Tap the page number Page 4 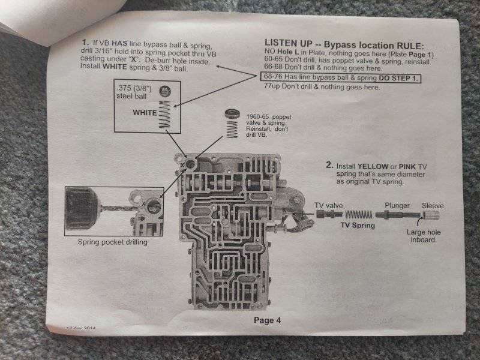(x=266, y=320)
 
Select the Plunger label (x=397, y=205)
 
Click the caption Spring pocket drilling (x=112, y=243)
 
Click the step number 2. (x=329, y=164)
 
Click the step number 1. (x=85, y=44)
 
